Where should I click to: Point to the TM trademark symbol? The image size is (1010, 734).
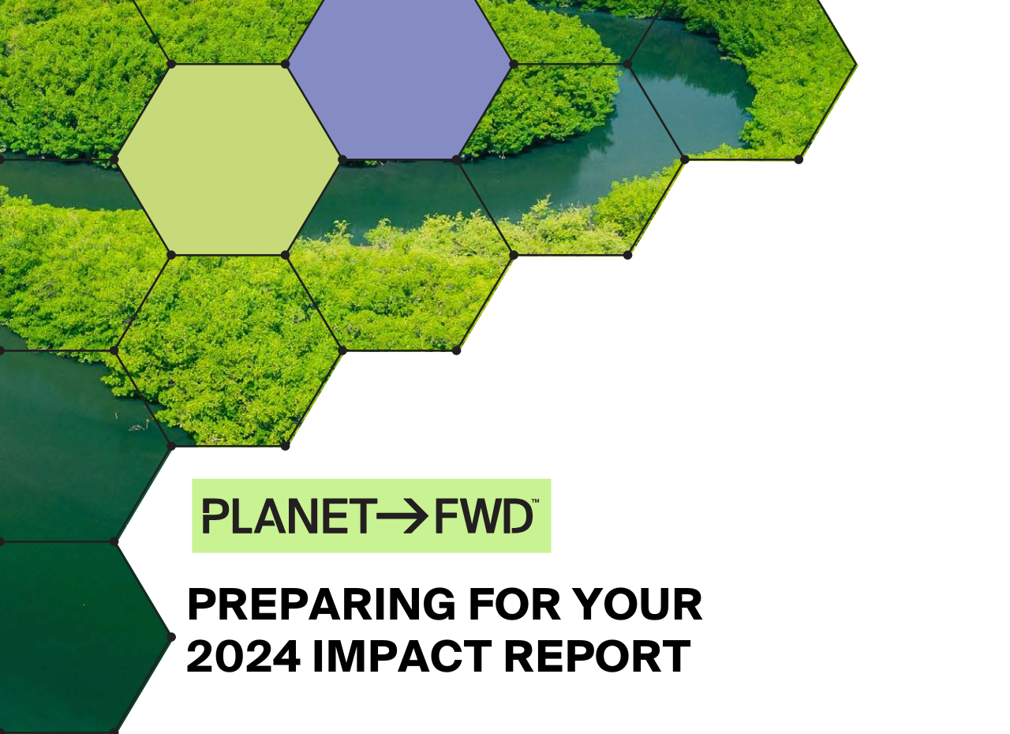coord(535,502)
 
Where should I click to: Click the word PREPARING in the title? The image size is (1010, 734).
coord(321,605)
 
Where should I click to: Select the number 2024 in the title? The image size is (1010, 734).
coord(243,657)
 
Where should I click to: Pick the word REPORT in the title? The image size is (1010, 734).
coord(597,657)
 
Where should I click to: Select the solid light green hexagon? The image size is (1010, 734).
coord(229,159)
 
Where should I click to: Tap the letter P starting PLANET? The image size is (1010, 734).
coord(215,516)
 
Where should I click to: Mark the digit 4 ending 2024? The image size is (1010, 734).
coord(286,657)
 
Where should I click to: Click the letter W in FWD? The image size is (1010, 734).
coord(478,516)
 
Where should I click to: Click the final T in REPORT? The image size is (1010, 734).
coord(676,657)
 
